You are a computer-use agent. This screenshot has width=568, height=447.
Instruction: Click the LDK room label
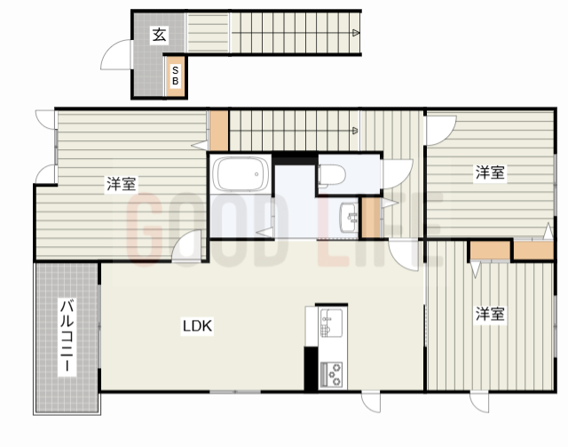[x=197, y=326]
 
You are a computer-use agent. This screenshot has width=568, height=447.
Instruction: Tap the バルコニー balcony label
[x=67, y=336]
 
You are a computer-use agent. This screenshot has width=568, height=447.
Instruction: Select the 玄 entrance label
[x=160, y=35]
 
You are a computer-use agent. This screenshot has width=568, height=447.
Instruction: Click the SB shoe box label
[x=176, y=76]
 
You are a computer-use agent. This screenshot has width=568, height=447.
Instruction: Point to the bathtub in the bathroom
[x=241, y=174]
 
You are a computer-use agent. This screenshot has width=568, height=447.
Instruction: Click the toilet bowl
[x=332, y=174]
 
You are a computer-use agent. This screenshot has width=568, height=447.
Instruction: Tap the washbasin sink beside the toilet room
[x=349, y=218]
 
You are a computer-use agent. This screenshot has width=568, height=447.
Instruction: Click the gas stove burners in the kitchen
[x=331, y=374]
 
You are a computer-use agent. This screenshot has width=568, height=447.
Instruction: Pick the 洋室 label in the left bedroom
[x=122, y=184]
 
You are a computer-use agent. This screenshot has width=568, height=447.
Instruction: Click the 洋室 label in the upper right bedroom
[x=490, y=172]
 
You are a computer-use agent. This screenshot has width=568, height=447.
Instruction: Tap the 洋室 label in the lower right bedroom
[x=490, y=314]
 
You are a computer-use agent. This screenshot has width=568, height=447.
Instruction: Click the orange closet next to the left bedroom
[x=219, y=131]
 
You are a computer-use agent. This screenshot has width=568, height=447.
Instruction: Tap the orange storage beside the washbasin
[x=371, y=218]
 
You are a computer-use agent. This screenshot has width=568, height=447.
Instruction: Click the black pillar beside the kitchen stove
[x=311, y=369]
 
